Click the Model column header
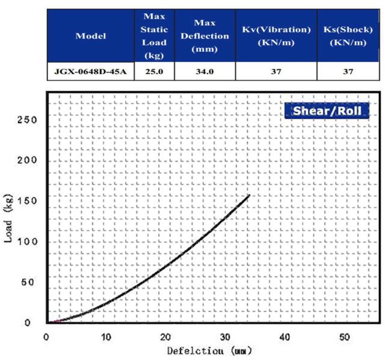90,36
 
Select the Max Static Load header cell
154,36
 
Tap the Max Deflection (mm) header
205,36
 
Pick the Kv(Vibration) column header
276,36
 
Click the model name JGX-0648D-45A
90,72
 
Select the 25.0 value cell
154,72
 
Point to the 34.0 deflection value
205,72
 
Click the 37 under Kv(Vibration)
276,72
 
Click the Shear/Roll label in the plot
327,111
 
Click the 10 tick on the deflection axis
106,336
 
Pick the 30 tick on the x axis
225,336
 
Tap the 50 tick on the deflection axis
344,336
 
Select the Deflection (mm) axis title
209,350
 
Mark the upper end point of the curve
248,195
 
